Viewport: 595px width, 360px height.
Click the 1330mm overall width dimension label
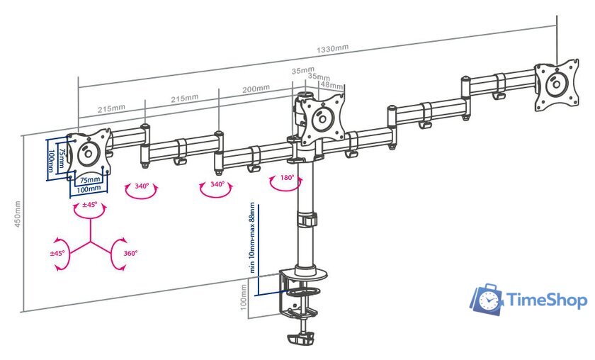point(332,49)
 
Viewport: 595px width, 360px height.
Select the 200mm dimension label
point(256,89)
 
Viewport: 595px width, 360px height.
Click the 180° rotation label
point(287,178)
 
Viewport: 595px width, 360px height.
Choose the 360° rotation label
point(130,252)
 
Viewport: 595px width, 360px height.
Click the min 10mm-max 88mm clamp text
point(252,238)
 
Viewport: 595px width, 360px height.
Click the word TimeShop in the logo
point(548,300)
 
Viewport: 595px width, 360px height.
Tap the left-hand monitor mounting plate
point(89,152)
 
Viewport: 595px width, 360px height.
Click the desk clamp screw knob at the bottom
point(300,339)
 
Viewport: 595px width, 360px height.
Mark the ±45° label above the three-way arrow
point(90,206)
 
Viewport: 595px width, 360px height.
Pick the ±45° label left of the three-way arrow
point(57,252)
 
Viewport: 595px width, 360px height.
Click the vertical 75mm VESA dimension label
point(62,157)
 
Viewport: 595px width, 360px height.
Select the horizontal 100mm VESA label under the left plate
point(89,190)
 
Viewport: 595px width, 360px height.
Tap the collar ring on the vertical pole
point(306,222)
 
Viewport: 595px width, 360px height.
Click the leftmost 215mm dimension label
point(111,109)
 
